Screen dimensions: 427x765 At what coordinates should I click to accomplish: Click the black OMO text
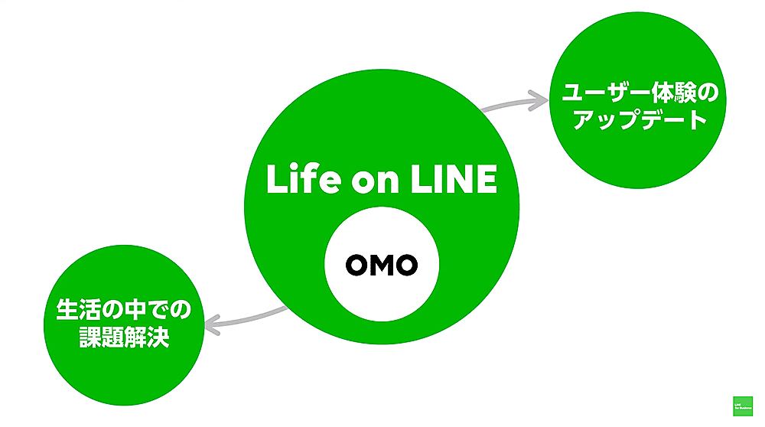coord(382,265)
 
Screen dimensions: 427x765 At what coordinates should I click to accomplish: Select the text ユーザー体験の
coord(640,95)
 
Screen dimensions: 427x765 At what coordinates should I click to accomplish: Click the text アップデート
coord(640,121)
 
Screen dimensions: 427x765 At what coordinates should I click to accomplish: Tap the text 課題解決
coord(123,337)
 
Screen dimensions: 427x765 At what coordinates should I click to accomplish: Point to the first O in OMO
coord(357,265)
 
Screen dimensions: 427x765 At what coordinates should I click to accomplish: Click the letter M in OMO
coord(382,265)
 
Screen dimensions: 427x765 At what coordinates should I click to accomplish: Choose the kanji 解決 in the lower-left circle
coord(145,337)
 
